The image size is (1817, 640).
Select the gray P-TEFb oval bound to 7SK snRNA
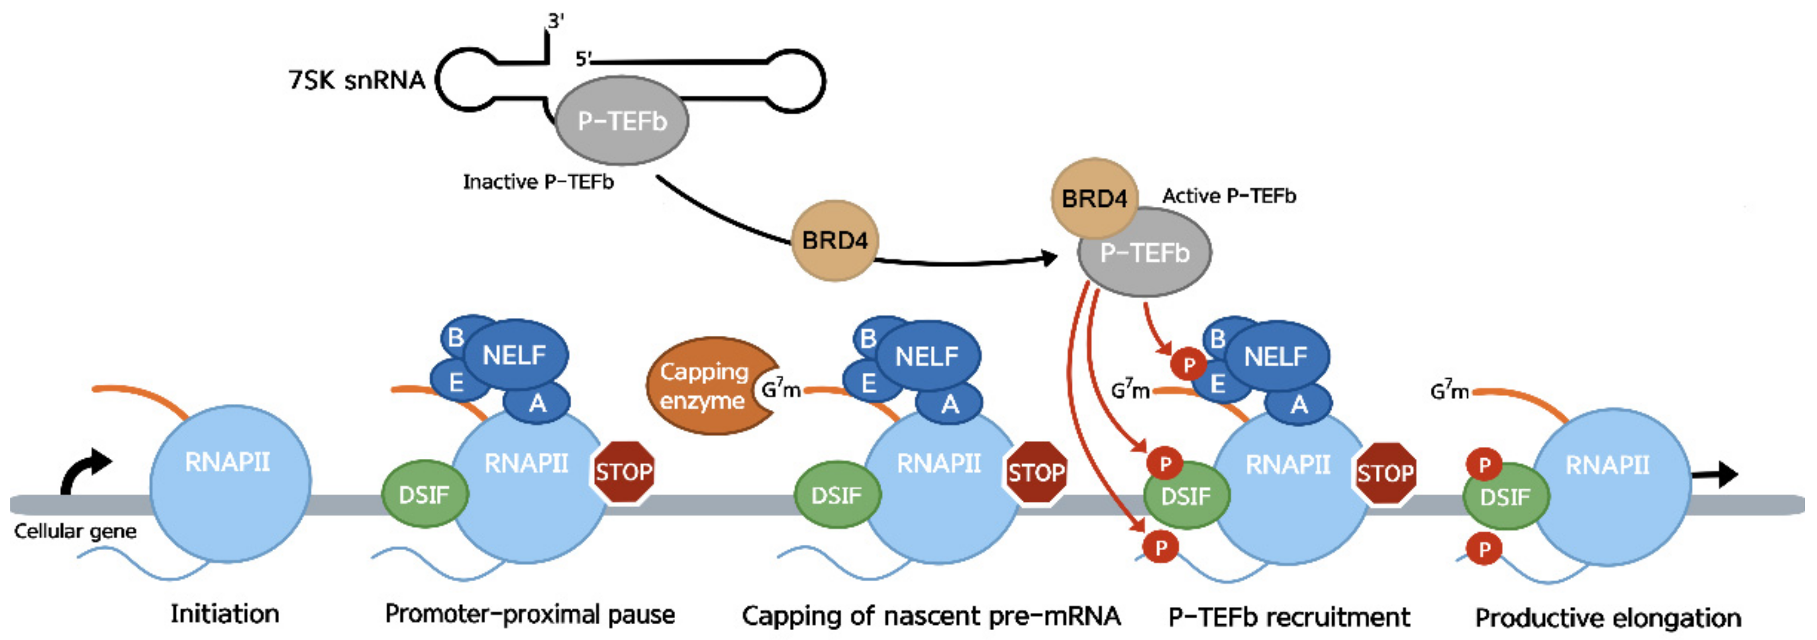[621, 121]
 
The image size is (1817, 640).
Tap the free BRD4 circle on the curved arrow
[834, 241]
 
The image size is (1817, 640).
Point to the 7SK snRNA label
[356, 80]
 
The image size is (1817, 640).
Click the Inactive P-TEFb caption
[537, 182]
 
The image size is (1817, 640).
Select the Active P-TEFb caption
[1228, 195]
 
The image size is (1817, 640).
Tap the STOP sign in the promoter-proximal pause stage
[623, 471]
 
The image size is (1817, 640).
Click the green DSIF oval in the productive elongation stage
[1505, 497]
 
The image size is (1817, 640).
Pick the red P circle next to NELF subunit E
[1189, 365]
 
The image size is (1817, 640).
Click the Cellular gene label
[75, 531]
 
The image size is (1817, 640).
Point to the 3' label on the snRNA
[556, 21]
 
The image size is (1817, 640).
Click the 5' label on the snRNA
[583, 59]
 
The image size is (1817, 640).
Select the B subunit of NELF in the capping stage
[868, 338]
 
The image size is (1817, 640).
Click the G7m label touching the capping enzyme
[781, 388]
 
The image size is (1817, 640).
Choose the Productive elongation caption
[1608, 618]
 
